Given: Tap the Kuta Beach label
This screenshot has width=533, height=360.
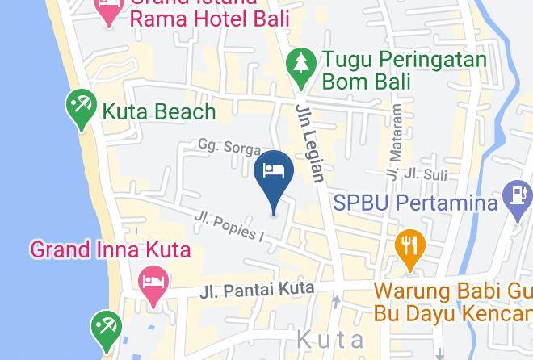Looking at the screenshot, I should click(158, 111).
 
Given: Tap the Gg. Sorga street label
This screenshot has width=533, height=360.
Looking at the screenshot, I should click(230, 147).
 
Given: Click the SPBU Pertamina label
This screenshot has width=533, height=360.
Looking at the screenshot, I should click(415, 202).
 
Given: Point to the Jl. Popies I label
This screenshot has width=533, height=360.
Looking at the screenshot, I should click(230, 225).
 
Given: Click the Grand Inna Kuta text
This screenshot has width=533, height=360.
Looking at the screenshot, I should click(111, 249).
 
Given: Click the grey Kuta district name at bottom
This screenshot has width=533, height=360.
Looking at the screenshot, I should click(331, 339).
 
